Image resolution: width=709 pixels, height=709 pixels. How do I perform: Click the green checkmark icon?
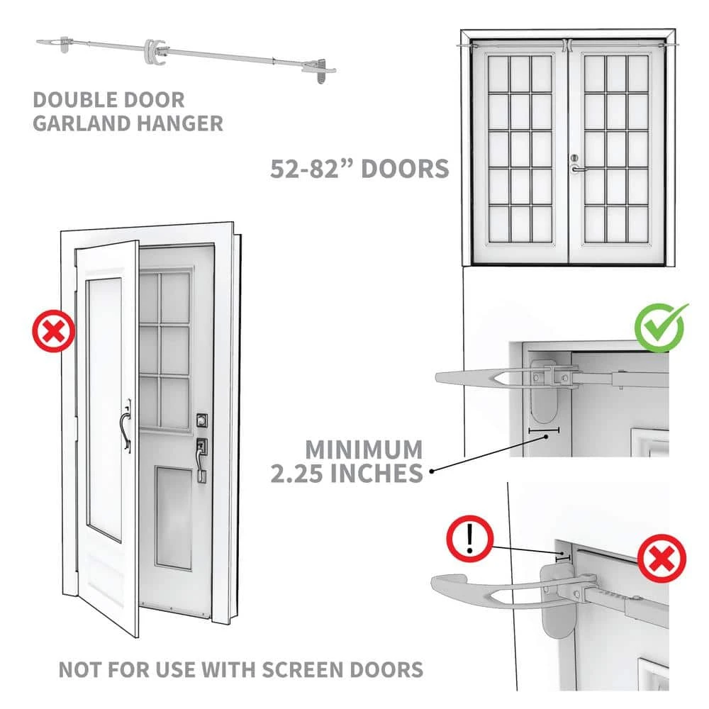(x=661, y=327)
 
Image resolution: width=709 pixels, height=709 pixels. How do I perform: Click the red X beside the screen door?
(x=54, y=332)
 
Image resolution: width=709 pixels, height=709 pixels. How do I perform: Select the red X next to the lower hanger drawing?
(x=661, y=559)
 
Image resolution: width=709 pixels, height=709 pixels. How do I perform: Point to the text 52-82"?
(x=313, y=169)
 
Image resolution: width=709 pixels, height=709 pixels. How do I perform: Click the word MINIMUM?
(x=364, y=450)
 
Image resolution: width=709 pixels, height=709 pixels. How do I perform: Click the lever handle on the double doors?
(x=578, y=169)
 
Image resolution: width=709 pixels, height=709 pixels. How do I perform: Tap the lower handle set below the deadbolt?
(x=201, y=457)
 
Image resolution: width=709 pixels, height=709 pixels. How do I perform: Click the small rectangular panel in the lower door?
(x=174, y=517)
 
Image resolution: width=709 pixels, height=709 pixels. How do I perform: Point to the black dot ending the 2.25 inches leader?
(x=431, y=470)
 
